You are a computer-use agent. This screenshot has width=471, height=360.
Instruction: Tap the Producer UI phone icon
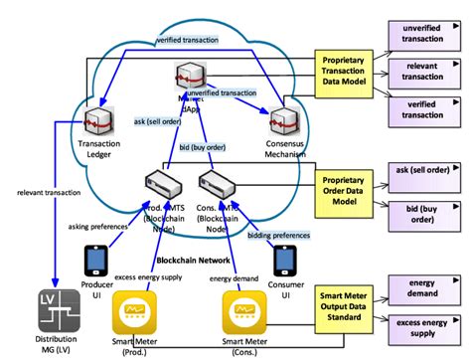tap(96, 260)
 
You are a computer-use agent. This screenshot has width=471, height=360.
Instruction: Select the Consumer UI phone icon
tap(287, 261)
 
